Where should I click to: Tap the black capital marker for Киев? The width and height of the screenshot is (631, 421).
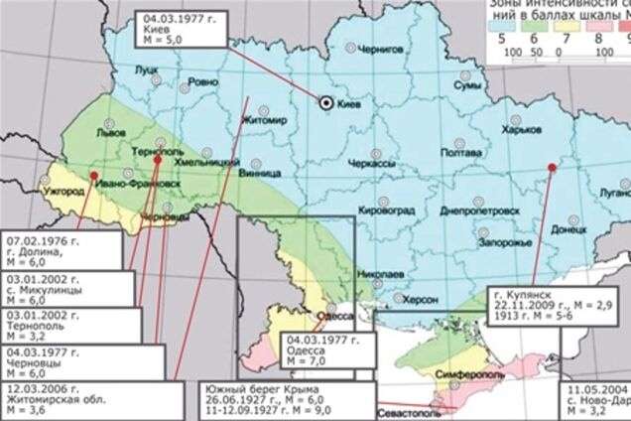coord(326,101)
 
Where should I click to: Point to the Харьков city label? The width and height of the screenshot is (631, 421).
coord(524,128)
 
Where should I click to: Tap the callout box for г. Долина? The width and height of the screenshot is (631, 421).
coord(60,251)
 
